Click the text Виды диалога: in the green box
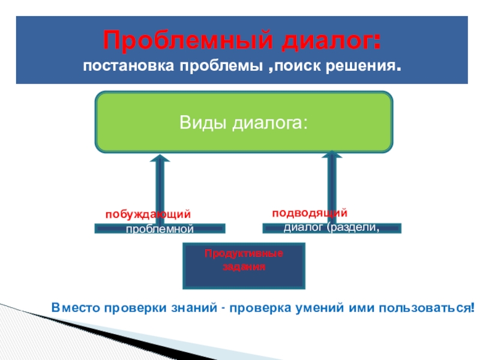click(244, 123)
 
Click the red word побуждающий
click(149, 214)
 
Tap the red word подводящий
click(310, 212)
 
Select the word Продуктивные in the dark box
click(244, 254)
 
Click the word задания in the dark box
click(244, 265)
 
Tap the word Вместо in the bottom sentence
click(74, 307)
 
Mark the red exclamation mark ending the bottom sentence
click(473, 307)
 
